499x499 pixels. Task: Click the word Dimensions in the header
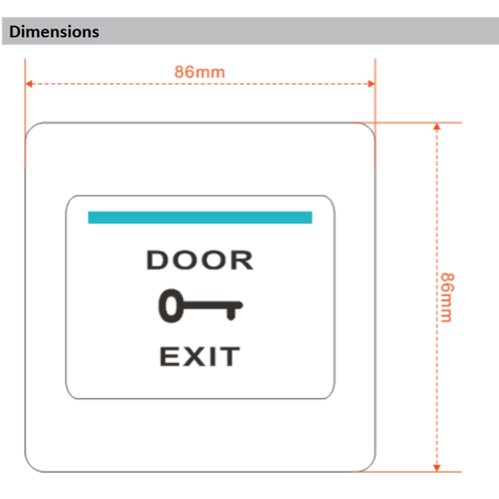(54, 32)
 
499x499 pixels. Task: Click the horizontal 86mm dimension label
(200, 72)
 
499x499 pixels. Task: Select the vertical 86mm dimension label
(447, 297)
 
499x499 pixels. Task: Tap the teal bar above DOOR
(200, 218)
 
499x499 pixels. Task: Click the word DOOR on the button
(200, 261)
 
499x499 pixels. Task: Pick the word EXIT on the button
(200, 357)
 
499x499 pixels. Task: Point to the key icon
(200, 305)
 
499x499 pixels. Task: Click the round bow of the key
(170, 305)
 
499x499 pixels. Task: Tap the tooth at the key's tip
(231, 313)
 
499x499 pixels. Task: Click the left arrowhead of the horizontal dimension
(29, 84)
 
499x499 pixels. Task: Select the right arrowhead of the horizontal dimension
(371, 84)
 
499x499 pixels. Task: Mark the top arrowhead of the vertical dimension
(437, 127)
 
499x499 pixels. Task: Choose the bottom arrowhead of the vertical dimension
(437, 468)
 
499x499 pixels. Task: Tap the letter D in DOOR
(157, 261)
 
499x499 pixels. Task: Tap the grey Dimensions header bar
(299, 31)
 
